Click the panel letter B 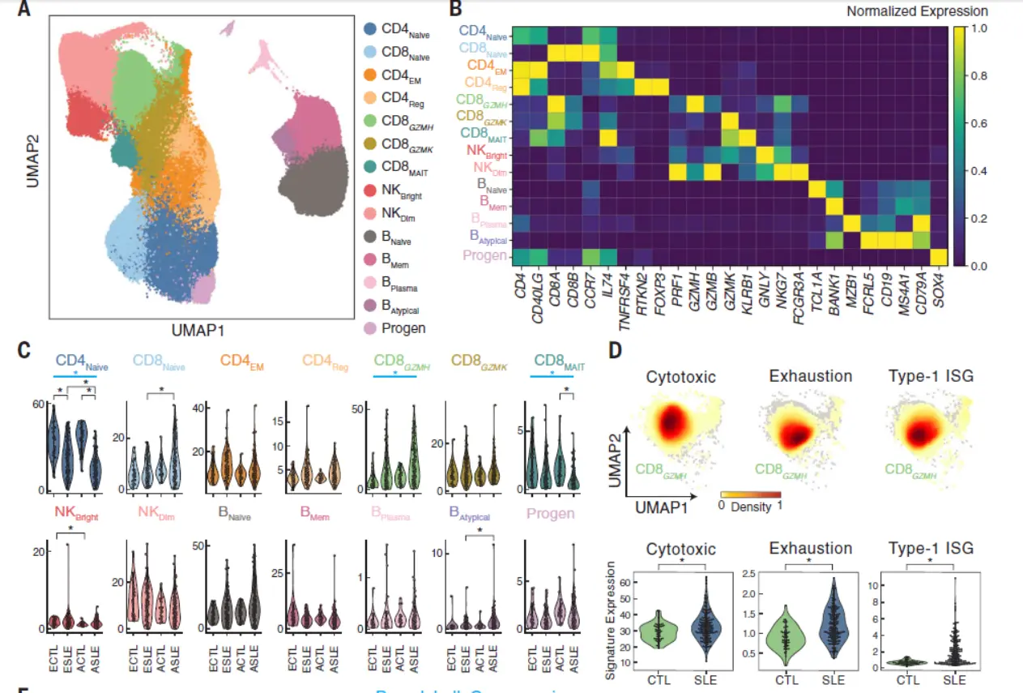(455, 10)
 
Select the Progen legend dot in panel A (369, 328)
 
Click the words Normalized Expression (917, 11)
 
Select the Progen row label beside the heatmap (484, 256)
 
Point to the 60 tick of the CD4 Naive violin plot (36, 404)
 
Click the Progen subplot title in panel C (551, 513)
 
